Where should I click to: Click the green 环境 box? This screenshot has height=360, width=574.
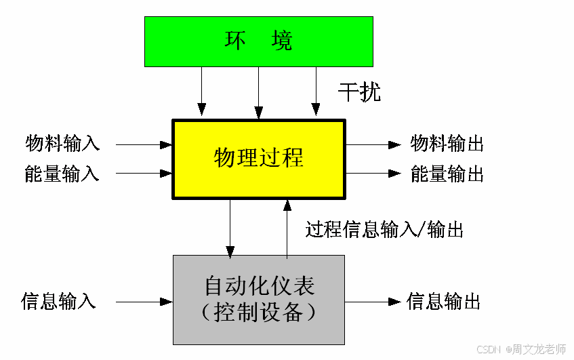(x=258, y=41)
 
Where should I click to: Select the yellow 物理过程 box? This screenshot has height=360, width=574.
(x=258, y=159)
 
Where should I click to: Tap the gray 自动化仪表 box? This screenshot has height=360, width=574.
(x=258, y=299)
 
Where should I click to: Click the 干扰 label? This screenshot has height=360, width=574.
(x=359, y=92)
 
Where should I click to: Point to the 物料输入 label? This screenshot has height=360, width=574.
(x=62, y=144)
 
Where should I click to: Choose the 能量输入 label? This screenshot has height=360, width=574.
(x=62, y=174)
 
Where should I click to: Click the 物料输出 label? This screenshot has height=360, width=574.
(x=447, y=144)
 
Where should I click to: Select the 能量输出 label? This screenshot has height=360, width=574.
(x=447, y=174)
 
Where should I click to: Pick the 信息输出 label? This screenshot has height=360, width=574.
(x=444, y=300)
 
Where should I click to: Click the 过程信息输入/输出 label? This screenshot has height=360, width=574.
(x=384, y=229)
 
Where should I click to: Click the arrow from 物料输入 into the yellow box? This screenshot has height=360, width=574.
(x=144, y=144)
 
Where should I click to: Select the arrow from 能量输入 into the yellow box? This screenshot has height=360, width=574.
(x=144, y=174)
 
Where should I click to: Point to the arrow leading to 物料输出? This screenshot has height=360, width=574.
(x=373, y=144)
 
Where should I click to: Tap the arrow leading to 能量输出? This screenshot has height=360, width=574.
(x=373, y=174)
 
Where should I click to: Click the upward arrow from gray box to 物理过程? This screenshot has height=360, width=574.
(x=287, y=228)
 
